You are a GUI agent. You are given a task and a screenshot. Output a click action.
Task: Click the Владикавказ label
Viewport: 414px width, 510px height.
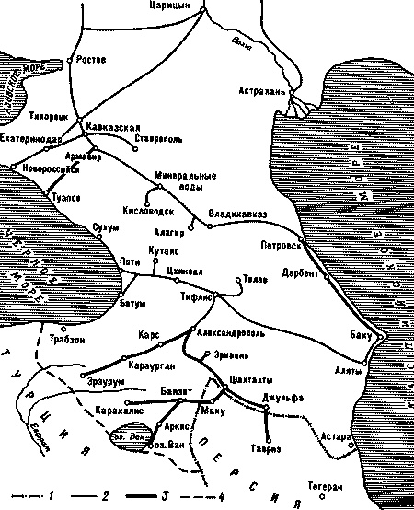click(237, 214)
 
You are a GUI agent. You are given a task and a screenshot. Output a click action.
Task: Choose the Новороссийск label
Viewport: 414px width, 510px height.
click(48, 169)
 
